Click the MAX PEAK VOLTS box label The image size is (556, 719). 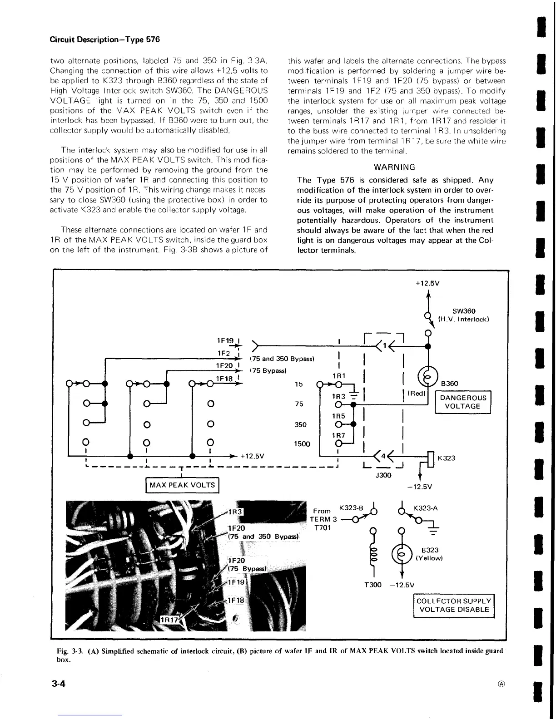pyautogui.click(x=182, y=485)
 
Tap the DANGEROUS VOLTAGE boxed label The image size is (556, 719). pyautogui.click(x=462, y=402)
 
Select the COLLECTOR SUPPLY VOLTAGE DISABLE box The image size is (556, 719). pyautogui.click(x=453, y=606)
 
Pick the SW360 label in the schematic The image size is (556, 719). pyautogui.click(x=464, y=311)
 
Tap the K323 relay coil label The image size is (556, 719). pyautogui.click(x=446, y=458)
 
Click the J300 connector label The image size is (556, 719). pyautogui.click(x=383, y=475)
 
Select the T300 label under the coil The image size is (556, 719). pyautogui.click(x=373, y=585)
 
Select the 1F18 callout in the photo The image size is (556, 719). pyautogui.click(x=236, y=600)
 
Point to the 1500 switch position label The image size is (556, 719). pyautogui.click(x=302, y=444)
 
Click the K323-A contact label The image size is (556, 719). pyautogui.click(x=425, y=508)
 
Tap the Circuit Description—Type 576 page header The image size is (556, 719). pyautogui.click(x=105, y=39)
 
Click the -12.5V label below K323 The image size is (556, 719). pyautogui.click(x=420, y=487)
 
